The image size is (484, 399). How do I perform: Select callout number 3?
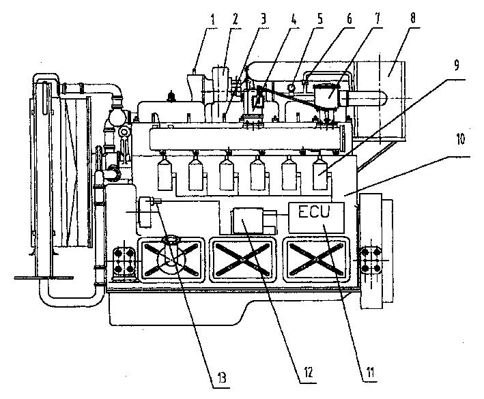tap(262, 20)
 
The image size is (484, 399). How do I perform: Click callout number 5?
tap(320, 20)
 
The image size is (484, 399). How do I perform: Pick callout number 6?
tap(348, 20)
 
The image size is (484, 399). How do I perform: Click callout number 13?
tap(223, 376)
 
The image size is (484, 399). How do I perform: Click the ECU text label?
tap(315, 213)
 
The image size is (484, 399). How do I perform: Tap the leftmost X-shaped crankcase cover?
tap(171, 258)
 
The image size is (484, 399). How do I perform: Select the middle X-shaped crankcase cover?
tap(244, 259)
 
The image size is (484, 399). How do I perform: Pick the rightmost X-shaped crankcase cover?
tap(315, 259)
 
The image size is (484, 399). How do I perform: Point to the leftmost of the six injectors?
tap(164, 175)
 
